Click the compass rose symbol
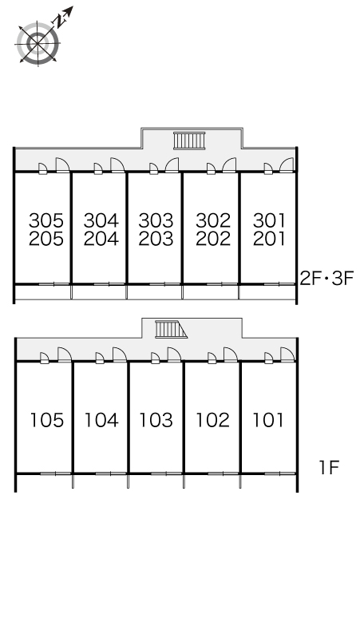pos(38,42)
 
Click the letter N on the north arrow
pos(60,20)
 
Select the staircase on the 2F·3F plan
pos(189,141)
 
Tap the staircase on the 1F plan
pos(171,329)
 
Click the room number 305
pos(46,220)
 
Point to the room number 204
pos(101,239)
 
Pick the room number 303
pos(156,220)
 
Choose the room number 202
pos(213,239)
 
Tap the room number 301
pos(269,220)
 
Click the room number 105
pos(47,420)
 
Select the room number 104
pos(101,420)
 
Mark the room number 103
pos(156,420)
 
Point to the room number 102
pos(213,420)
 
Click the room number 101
pos(268,420)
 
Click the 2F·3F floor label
pos(327,278)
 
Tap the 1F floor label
pos(330,468)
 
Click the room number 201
pos(269,239)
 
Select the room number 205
pos(46,239)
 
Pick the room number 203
pos(156,239)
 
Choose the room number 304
pos(101,220)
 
